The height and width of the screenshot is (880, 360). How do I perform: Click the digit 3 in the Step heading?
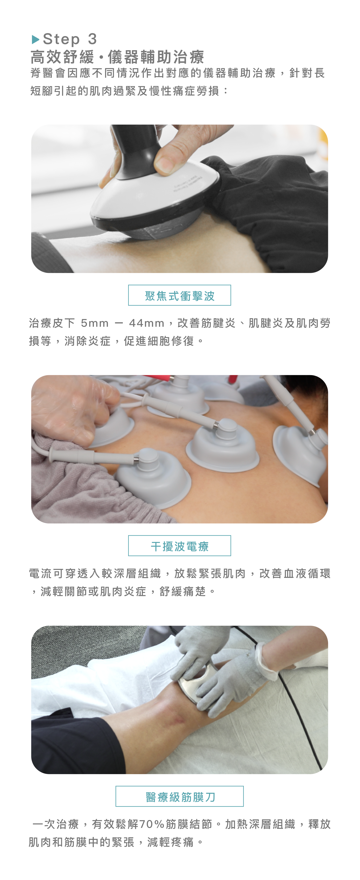(x=92, y=39)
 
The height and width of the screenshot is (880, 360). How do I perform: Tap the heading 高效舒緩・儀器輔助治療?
(x=117, y=57)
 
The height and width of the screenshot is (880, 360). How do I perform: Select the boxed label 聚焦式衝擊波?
(x=180, y=295)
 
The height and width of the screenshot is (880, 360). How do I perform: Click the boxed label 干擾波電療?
(x=180, y=546)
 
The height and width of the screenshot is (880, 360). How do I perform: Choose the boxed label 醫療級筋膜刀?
(x=180, y=796)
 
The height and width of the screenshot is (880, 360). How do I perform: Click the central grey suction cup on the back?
(x=222, y=446)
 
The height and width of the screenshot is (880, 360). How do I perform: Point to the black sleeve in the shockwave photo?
(x=270, y=202)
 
